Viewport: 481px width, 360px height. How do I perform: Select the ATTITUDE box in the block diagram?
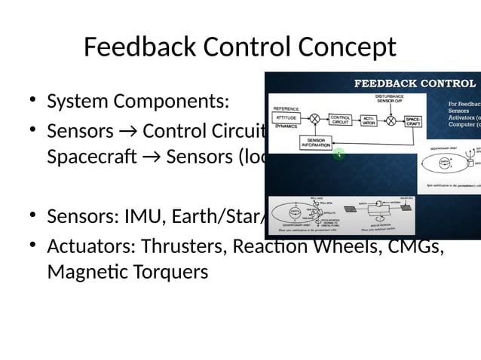[x=286, y=119]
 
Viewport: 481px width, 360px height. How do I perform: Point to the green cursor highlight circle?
[x=340, y=154]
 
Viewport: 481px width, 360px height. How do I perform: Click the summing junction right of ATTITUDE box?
[x=315, y=119]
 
